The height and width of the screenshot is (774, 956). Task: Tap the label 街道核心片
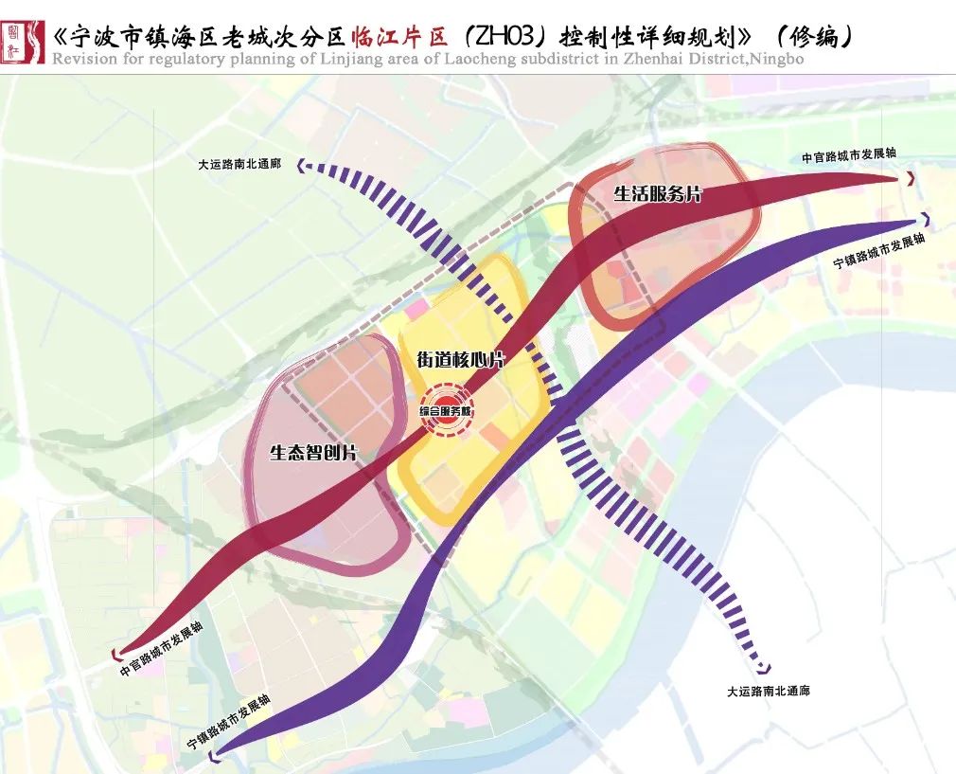click(460, 360)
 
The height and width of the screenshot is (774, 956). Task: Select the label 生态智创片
click(313, 453)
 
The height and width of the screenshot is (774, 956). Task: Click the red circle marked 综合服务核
click(446, 410)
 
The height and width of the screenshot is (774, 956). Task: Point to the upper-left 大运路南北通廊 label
click(239, 164)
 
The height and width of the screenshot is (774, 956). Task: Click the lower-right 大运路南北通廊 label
click(768, 692)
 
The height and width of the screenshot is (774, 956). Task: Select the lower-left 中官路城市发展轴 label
click(162, 649)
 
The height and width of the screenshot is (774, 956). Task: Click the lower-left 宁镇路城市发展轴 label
click(229, 722)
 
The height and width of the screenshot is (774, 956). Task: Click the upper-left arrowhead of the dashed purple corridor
click(304, 167)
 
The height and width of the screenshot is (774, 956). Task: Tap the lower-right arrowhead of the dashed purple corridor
click(765, 669)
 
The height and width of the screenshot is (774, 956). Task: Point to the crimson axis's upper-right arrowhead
click(911, 178)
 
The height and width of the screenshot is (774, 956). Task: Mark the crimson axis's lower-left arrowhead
click(118, 653)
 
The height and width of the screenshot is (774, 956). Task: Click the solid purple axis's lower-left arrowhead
click(216, 754)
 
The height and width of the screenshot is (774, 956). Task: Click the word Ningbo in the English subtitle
click(777, 60)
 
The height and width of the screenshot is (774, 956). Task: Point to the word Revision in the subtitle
click(83, 60)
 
